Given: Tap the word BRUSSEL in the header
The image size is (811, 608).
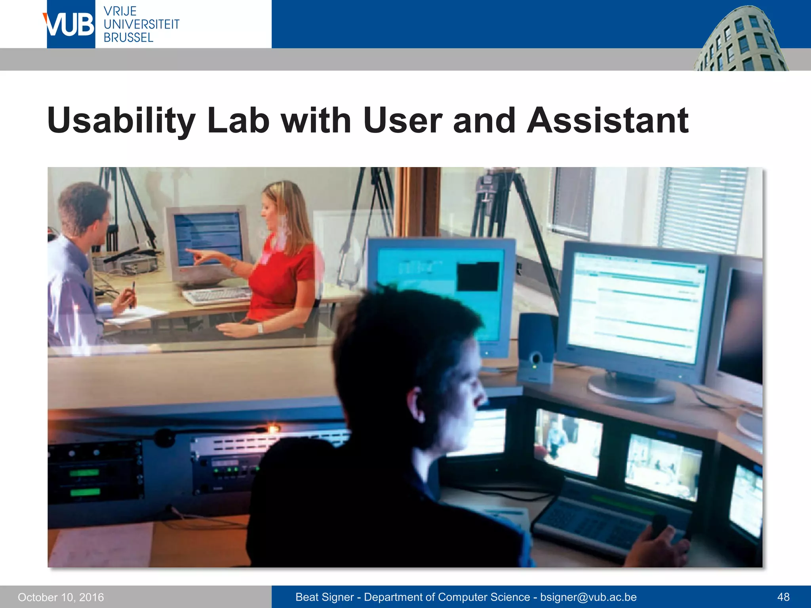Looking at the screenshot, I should [x=128, y=38].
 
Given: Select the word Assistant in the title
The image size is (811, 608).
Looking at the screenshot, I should [x=607, y=120].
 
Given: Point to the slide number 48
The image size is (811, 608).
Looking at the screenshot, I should [x=783, y=597].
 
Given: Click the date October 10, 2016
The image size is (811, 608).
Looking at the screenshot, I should [x=61, y=597].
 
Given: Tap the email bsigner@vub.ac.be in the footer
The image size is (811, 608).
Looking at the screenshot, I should [x=588, y=597].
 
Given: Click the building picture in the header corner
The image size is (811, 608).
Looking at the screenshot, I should [x=741, y=40].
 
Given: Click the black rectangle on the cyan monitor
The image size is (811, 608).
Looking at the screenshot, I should [x=478, y=276].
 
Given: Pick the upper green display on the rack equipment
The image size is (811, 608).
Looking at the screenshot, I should [x=84, y=473].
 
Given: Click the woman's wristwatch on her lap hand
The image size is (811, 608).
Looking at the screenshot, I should [x=260, y=328].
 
